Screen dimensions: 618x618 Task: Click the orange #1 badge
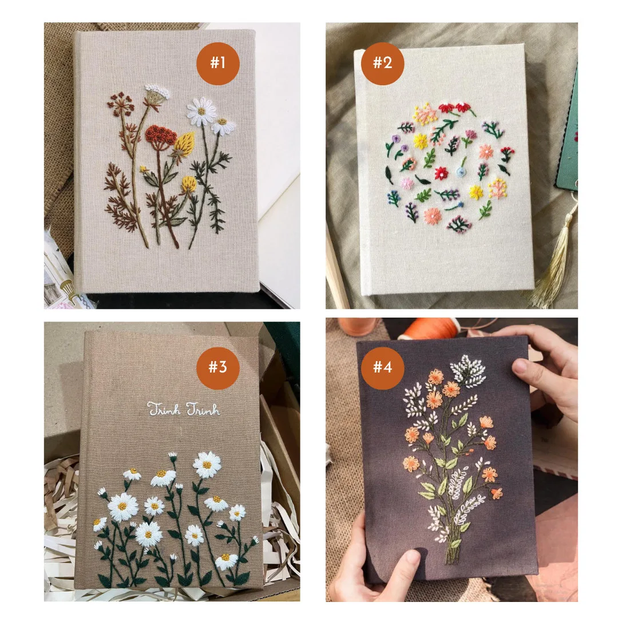click(x=217, y=64)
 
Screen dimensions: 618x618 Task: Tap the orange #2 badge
click(x=382, y=64)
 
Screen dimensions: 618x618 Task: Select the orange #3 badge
click(x=217, y=368)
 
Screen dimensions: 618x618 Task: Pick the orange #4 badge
click(x=382, y=368)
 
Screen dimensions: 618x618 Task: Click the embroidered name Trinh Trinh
click(x=183, y=409)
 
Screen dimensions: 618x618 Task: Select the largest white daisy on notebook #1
click(x=201, y=112)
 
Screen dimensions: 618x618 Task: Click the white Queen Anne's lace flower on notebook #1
click(x=157, y=92)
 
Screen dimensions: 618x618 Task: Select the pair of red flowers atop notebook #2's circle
click(x=457, y=108)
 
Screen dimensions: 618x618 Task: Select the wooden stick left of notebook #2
click(x=338, y=268)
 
